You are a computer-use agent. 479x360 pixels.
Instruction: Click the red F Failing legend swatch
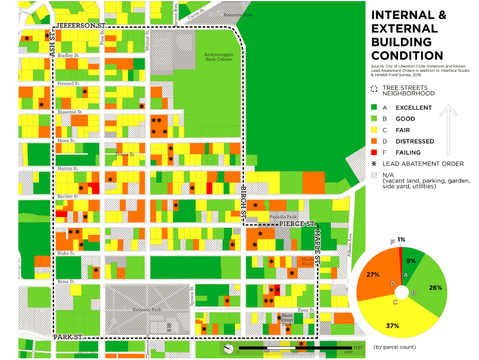click(x=375, y=152)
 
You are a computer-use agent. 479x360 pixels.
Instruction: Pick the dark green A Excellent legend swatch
click(x=375, y=107)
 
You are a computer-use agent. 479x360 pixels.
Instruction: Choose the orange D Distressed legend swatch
click(x=375, y=141)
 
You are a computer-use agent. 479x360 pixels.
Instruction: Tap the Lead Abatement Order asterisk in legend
click(x=375, y=164)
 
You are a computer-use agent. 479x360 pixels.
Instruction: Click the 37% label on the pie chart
click(x=392, y=326)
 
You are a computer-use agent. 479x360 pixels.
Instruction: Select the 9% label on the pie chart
click(x=411, y=261)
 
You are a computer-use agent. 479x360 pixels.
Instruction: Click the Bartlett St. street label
click(x=68, y=196)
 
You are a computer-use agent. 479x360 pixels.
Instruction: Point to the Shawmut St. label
click(x=69, y=112)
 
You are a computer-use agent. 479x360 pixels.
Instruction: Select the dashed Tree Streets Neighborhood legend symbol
click(x=375, y=89)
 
